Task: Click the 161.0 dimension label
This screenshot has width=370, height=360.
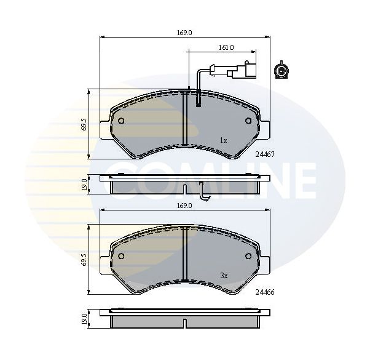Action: point(226,47)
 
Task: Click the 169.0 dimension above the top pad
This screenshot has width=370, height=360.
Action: point(184,33)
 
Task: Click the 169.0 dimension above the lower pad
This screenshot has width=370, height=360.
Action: point(184,206)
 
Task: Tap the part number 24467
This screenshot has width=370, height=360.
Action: point(265,154)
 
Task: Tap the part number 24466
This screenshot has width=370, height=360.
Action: point(265,292)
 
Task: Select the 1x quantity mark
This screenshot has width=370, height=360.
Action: point(223,140)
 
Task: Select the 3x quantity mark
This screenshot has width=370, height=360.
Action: point(224,276)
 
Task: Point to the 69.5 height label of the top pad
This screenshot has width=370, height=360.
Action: point(84,124)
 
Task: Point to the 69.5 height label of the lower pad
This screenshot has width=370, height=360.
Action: point(84,260)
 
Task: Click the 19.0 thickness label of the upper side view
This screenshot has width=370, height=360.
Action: point(84,185)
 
